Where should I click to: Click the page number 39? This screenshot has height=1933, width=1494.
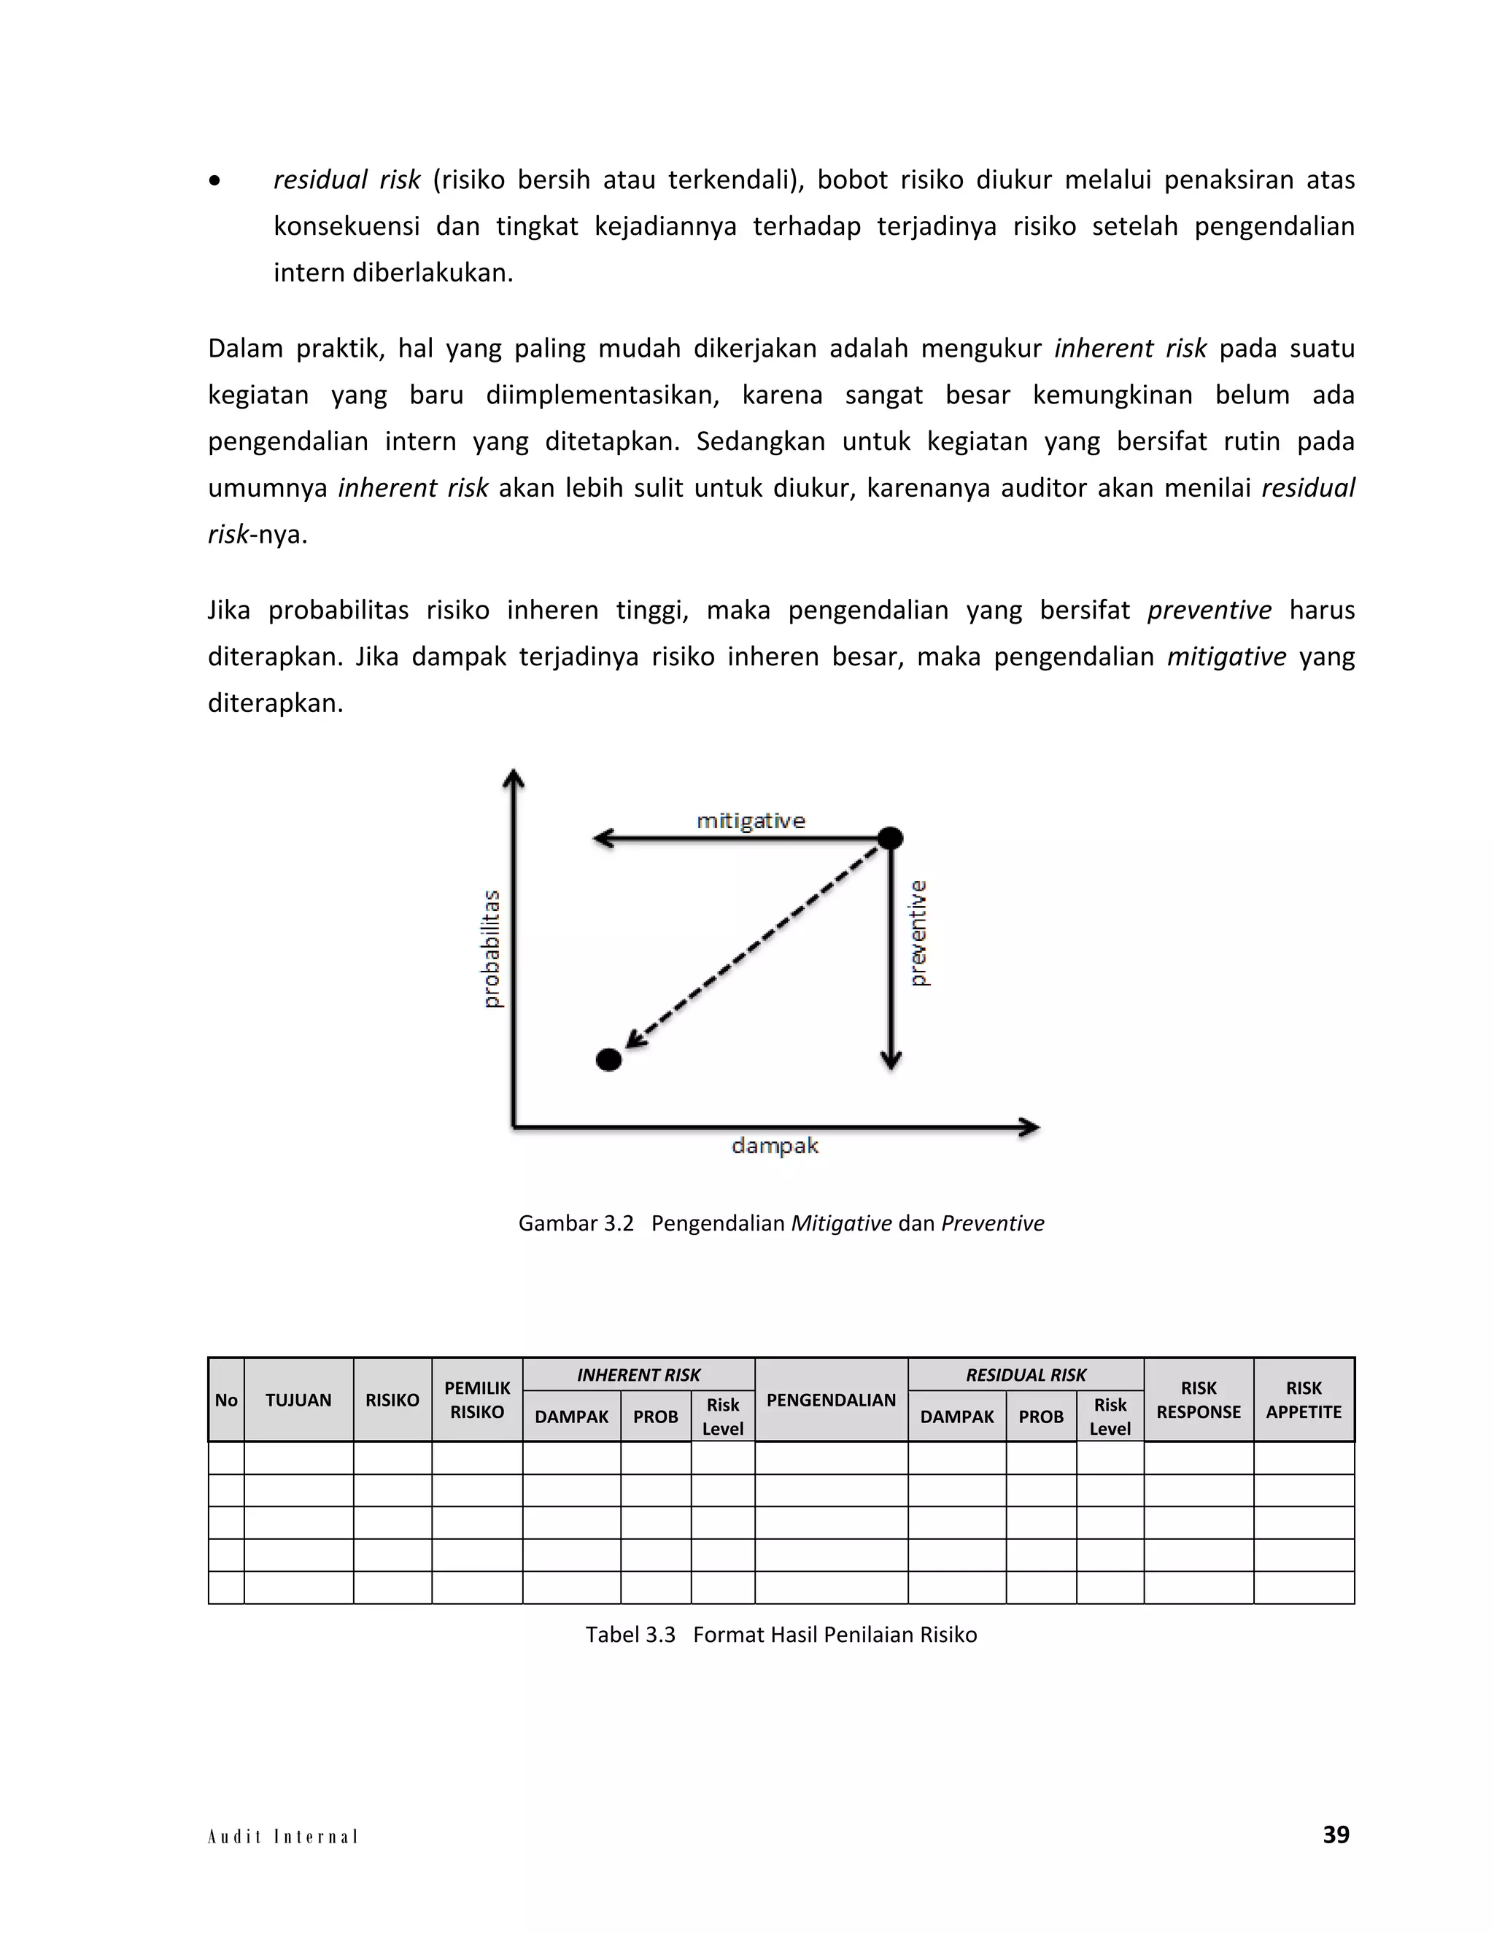click(x=1335, y=1834)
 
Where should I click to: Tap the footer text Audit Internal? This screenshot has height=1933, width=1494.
click(x=282, y=1837)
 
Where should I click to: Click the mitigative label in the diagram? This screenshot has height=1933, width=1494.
click(x=751, y=821)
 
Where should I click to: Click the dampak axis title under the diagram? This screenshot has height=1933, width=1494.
click(x=775, y=1145)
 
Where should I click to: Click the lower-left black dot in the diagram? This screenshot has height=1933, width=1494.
click(x=609, y=1059)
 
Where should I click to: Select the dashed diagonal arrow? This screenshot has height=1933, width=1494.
click(x=752, y=947)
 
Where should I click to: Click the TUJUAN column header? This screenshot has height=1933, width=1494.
click(x=298, y=1401)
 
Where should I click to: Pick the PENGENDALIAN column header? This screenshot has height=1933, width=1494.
click(x=830, y=1401)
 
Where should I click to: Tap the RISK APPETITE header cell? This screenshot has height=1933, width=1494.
click(x=1303, y=1401)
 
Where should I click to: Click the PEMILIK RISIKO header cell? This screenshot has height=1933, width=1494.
click(x=477, y=1401)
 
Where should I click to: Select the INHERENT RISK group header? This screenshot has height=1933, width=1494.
click(x=638, y=1374)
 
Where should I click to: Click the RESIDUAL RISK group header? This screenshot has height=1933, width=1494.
click(x=1025, y=1374)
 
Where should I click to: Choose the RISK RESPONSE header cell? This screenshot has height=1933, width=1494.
click(x=1198, y=1401)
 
